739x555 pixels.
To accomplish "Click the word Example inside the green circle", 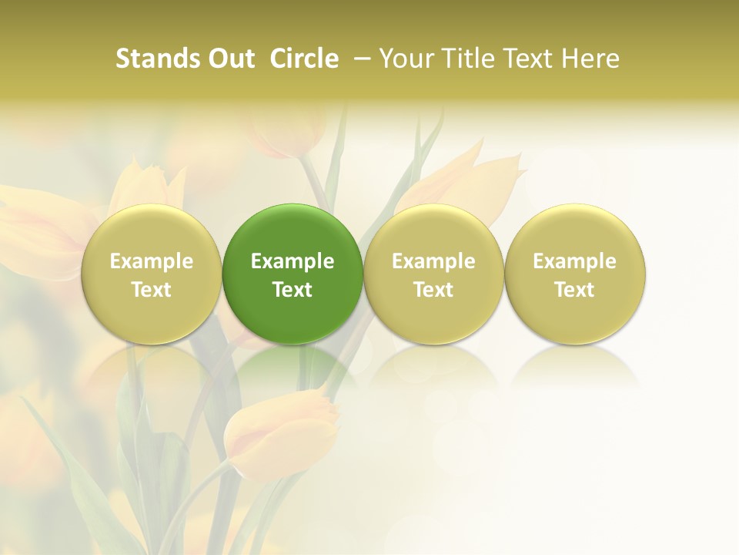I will [293, 261].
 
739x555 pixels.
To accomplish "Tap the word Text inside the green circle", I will [293, 290].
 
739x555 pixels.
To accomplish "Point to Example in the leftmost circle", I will [152, 261].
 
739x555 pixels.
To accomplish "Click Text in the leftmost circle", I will [152, 290].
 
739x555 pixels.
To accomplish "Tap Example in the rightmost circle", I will [575, 261].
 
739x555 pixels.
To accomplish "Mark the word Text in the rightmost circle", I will [575, 290].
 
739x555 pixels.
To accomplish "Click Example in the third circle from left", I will [433, 261].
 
